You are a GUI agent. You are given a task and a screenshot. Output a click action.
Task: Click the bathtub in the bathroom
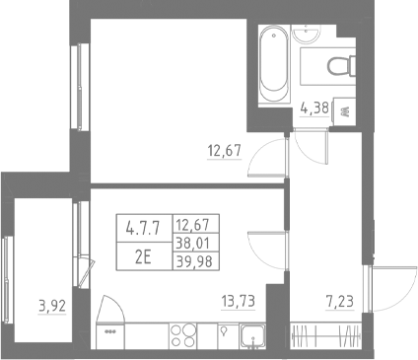point(272,64)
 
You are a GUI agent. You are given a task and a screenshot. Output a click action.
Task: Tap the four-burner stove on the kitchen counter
point(182,333)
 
